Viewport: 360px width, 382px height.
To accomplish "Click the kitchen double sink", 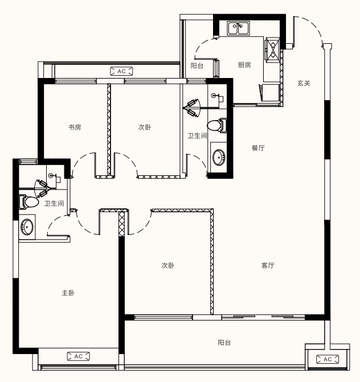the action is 238,28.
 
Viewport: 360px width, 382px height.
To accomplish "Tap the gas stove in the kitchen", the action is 272,50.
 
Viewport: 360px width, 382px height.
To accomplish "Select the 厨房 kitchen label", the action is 244,65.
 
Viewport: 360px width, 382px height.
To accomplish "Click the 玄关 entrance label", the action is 304,83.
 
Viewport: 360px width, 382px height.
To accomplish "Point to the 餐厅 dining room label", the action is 258,148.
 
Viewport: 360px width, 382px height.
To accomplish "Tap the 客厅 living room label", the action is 268,265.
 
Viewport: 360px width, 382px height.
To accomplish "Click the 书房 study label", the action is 75,127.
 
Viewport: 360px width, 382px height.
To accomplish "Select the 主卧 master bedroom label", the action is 68,293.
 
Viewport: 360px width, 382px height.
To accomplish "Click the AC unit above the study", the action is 122,71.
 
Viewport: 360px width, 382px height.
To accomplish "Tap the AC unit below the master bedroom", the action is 78,356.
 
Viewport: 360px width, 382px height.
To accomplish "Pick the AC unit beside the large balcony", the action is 328,359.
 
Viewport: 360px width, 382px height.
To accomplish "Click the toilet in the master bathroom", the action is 28,202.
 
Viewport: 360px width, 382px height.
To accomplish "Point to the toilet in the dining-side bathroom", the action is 217,125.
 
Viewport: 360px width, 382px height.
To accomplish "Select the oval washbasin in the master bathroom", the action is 27,227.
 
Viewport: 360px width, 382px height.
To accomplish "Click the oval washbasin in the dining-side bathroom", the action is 219,157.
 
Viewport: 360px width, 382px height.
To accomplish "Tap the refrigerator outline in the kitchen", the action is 269,93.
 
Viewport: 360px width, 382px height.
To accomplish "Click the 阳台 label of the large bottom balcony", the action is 224,343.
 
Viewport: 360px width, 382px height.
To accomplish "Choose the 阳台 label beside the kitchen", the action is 197,65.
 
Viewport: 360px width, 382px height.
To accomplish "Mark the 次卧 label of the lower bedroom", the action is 168,265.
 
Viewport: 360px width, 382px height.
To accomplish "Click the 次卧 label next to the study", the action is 145,127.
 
